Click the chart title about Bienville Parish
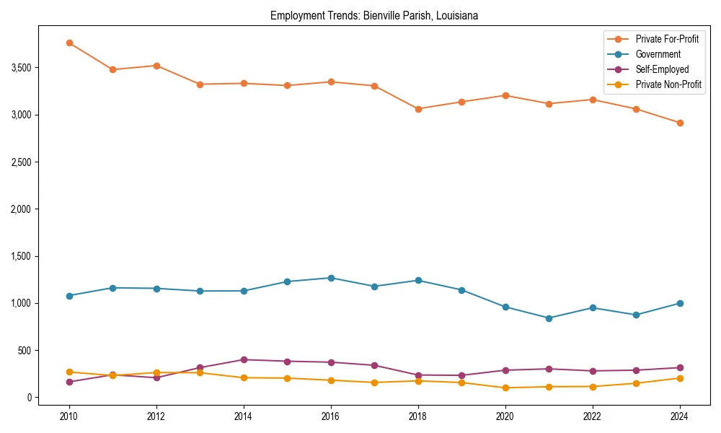click(374, 15)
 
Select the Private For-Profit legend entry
click(667, 39)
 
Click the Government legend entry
click(658, 54)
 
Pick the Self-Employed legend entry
click(662, 69)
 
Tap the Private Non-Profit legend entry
click(668, 84)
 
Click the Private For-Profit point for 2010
click(69, 43)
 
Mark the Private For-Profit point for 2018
click(418, 109)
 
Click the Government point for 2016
click(331, 278)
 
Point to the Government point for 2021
click(549, 318)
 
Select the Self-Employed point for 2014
click(244, 359)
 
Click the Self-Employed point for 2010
click(69, 382)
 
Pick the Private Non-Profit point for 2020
click(505, 388)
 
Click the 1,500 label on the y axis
click(22, 256)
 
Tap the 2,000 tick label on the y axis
click(22, 209)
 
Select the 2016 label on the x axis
click(331, 416)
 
